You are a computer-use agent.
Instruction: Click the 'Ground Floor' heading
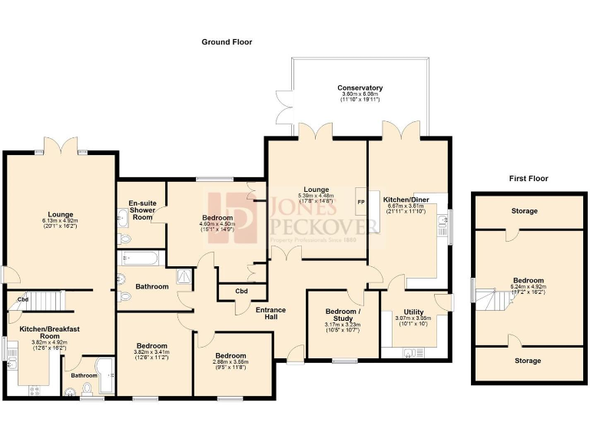pyautogui.click(x=227, y=42)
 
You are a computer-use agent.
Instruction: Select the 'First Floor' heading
pyautogui.click(x=529, y=178)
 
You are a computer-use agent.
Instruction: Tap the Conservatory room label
pyautogui.click(x=360, y=88)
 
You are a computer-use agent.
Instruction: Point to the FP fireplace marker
pyautogui.click(x=360, y=202)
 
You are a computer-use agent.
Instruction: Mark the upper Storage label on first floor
pyautogui.click(x=525, y=211)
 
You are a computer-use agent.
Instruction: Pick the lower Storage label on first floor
pyautogui.click(x=527, y=361)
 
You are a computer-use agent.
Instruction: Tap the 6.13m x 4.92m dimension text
pyautogui.click(x=61, y=221)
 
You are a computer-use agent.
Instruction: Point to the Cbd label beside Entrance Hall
pyautogui.click(x=241, y=291)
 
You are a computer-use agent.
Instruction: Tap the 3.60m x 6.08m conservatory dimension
pyautogui.click(x=360, y=97)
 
